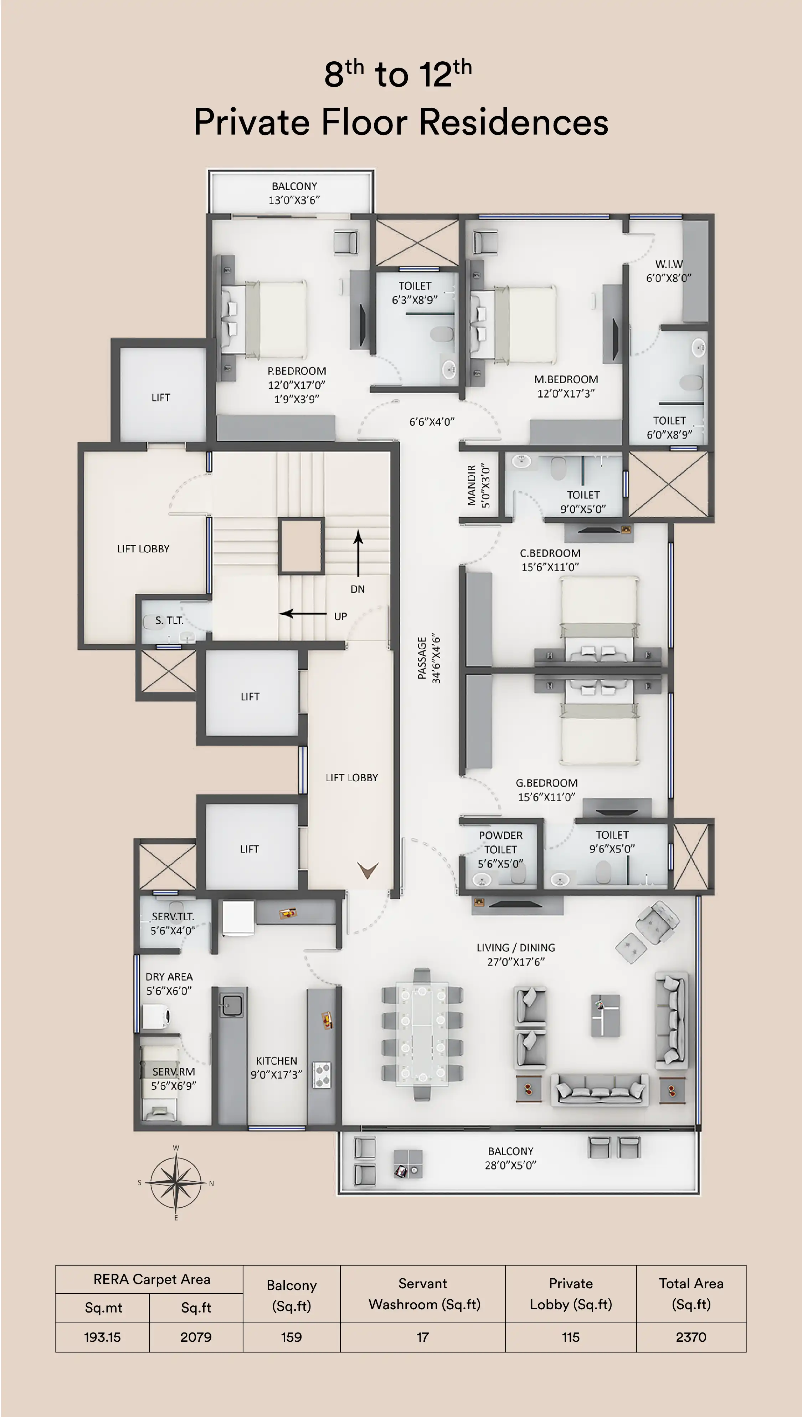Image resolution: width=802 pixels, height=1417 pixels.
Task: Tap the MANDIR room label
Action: pyautogui.click(x=472, y=485)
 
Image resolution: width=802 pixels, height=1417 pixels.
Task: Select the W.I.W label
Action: pyautogui.click(x=669, y=264)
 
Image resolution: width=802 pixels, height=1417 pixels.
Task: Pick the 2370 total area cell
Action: pyautogui.click(x=691, y=1337)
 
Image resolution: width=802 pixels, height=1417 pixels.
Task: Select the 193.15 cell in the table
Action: pyautogui.click(x=102, y=1337)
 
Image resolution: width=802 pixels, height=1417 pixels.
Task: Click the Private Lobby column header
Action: pyautogui.click(x=571, y=1294)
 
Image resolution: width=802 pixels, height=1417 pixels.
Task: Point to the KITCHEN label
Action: pyautogui.click(x=277, y=1060)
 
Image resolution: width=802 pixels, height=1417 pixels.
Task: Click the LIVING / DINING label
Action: pyautogui.click(x=515, y=948)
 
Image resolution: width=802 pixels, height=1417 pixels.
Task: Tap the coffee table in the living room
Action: pyautogui.click(x=605, y=1016)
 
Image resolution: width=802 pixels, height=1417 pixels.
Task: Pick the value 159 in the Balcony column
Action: pyautogui.click(x=291, y=1337)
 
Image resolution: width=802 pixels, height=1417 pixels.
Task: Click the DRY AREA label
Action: pyautogui.click(x=169, y=977)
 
